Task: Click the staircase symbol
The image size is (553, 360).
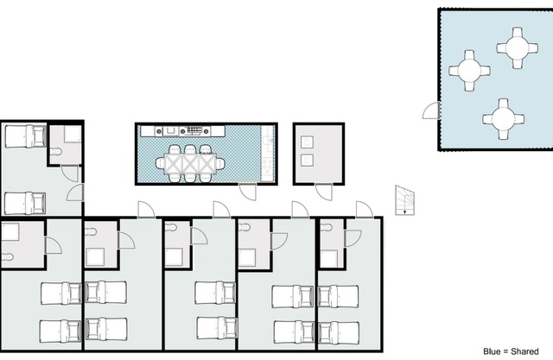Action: click(404, 200)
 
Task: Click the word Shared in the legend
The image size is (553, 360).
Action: click(524, 351)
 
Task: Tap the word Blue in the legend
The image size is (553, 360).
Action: click(492, 351)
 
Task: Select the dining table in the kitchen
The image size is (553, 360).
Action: click(190, 163)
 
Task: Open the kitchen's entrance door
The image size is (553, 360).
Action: click(248, 192)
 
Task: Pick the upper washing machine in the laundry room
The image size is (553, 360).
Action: click(307, 142)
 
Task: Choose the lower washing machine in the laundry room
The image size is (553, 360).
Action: click(307, 161)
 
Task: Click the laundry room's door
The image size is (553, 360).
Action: click(324, 192)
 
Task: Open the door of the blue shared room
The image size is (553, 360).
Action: click(431, 111)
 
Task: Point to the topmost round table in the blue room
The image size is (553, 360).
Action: click(517, 47)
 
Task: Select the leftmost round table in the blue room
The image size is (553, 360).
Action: click(469, 71)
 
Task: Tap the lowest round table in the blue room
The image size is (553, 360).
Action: click(503, 119)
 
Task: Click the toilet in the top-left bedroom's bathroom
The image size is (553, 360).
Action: click(55, 152)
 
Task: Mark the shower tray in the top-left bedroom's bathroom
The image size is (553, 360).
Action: click(73, 135)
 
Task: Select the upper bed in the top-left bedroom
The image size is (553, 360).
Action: click(25, 136)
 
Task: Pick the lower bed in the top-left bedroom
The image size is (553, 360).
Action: click(25, 203)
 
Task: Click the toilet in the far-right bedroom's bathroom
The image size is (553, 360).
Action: click(327, 228)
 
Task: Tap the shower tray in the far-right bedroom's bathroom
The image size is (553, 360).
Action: click(329, 259)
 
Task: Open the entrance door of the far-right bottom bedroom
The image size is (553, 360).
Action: click(365, 210)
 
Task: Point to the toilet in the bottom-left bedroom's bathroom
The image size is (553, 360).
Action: click(7, 257)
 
